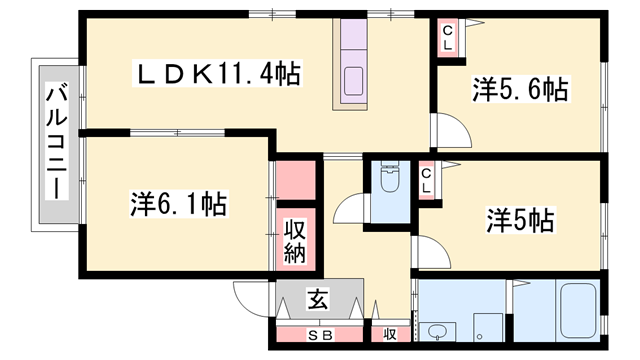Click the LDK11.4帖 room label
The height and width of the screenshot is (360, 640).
coord(219,74)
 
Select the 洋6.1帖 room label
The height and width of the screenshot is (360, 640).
coord(177,205)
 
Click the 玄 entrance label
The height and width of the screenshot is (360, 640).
coord(316,298)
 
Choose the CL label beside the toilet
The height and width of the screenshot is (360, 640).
coord(427,181)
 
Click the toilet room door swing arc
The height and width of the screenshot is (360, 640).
coord(350,211)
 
